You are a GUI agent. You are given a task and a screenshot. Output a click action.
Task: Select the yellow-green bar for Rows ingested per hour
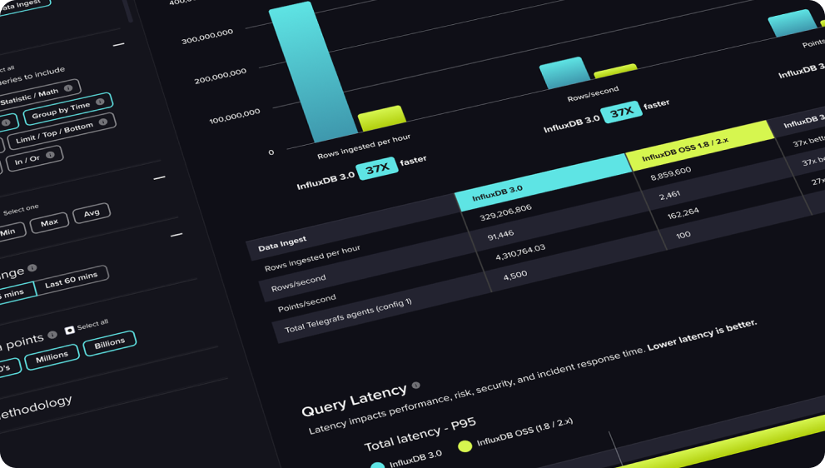coord(381,118)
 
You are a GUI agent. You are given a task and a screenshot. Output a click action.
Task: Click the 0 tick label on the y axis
coord(271,152)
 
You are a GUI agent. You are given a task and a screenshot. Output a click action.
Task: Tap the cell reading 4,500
coord(515,275)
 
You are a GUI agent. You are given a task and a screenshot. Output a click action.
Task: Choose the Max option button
coord(49,223)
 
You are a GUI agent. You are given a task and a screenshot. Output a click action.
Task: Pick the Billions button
coord(109,342)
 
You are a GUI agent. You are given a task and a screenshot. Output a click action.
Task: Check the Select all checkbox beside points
coord(70,330)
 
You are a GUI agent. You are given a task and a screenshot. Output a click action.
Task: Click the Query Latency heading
coord(354,401)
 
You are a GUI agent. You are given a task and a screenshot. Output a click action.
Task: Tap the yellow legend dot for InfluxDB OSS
coord(465,446)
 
